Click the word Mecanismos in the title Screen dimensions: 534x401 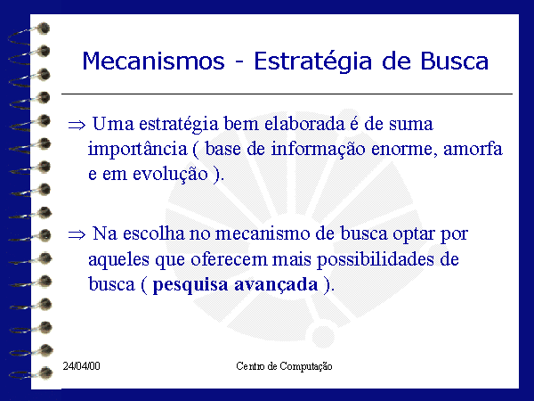pos(154,61)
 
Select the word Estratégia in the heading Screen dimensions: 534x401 pos(313,62)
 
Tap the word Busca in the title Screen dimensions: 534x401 pos(454,61)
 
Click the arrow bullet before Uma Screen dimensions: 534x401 pos(77,125)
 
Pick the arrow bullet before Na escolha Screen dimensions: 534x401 pos(77,234)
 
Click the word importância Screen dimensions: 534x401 pos(138,150)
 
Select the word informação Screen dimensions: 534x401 pos(318,150)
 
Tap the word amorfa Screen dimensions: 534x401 pos(473,149)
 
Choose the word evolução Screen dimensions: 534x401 pos(170,175)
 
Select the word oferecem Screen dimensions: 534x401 pos(228,259)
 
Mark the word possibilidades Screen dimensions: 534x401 pos(376,260)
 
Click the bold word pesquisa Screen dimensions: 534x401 pos(190,285)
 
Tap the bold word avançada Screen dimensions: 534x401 pos(276,285)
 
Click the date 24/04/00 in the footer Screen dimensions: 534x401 pos(81,366)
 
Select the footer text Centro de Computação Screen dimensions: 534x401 pos(284,366)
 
